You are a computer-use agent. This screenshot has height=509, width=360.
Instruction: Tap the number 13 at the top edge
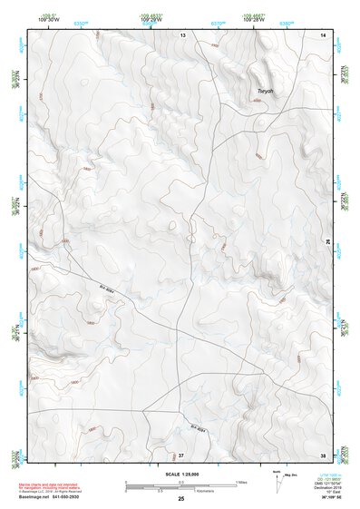pyautogui.click(x=182, y=34)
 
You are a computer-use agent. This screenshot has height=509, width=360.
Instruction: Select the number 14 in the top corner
pyautogui.click(x=324, y=34)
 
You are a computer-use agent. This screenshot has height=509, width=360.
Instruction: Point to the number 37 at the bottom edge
pyautogui.click(x=181, y=454)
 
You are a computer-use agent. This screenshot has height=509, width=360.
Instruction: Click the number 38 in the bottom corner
pyautogui.click(x=324, y=454)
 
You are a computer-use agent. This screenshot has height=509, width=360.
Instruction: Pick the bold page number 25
pyautogui.click(x=181, y=500)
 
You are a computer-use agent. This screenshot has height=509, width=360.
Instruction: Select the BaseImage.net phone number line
pyautogui.click(x=60, y=497)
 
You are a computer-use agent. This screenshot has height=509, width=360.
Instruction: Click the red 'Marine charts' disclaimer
pyautogui.click(x=58, y=485)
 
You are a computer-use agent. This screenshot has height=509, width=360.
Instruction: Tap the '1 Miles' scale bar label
pyautogui.click(x=239, y=481)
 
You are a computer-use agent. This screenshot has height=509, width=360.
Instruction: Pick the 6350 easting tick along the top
pyautogui.click(x=80, y=22)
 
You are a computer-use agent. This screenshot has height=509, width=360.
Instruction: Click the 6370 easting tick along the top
pyautogui.click(x=218, y=22)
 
